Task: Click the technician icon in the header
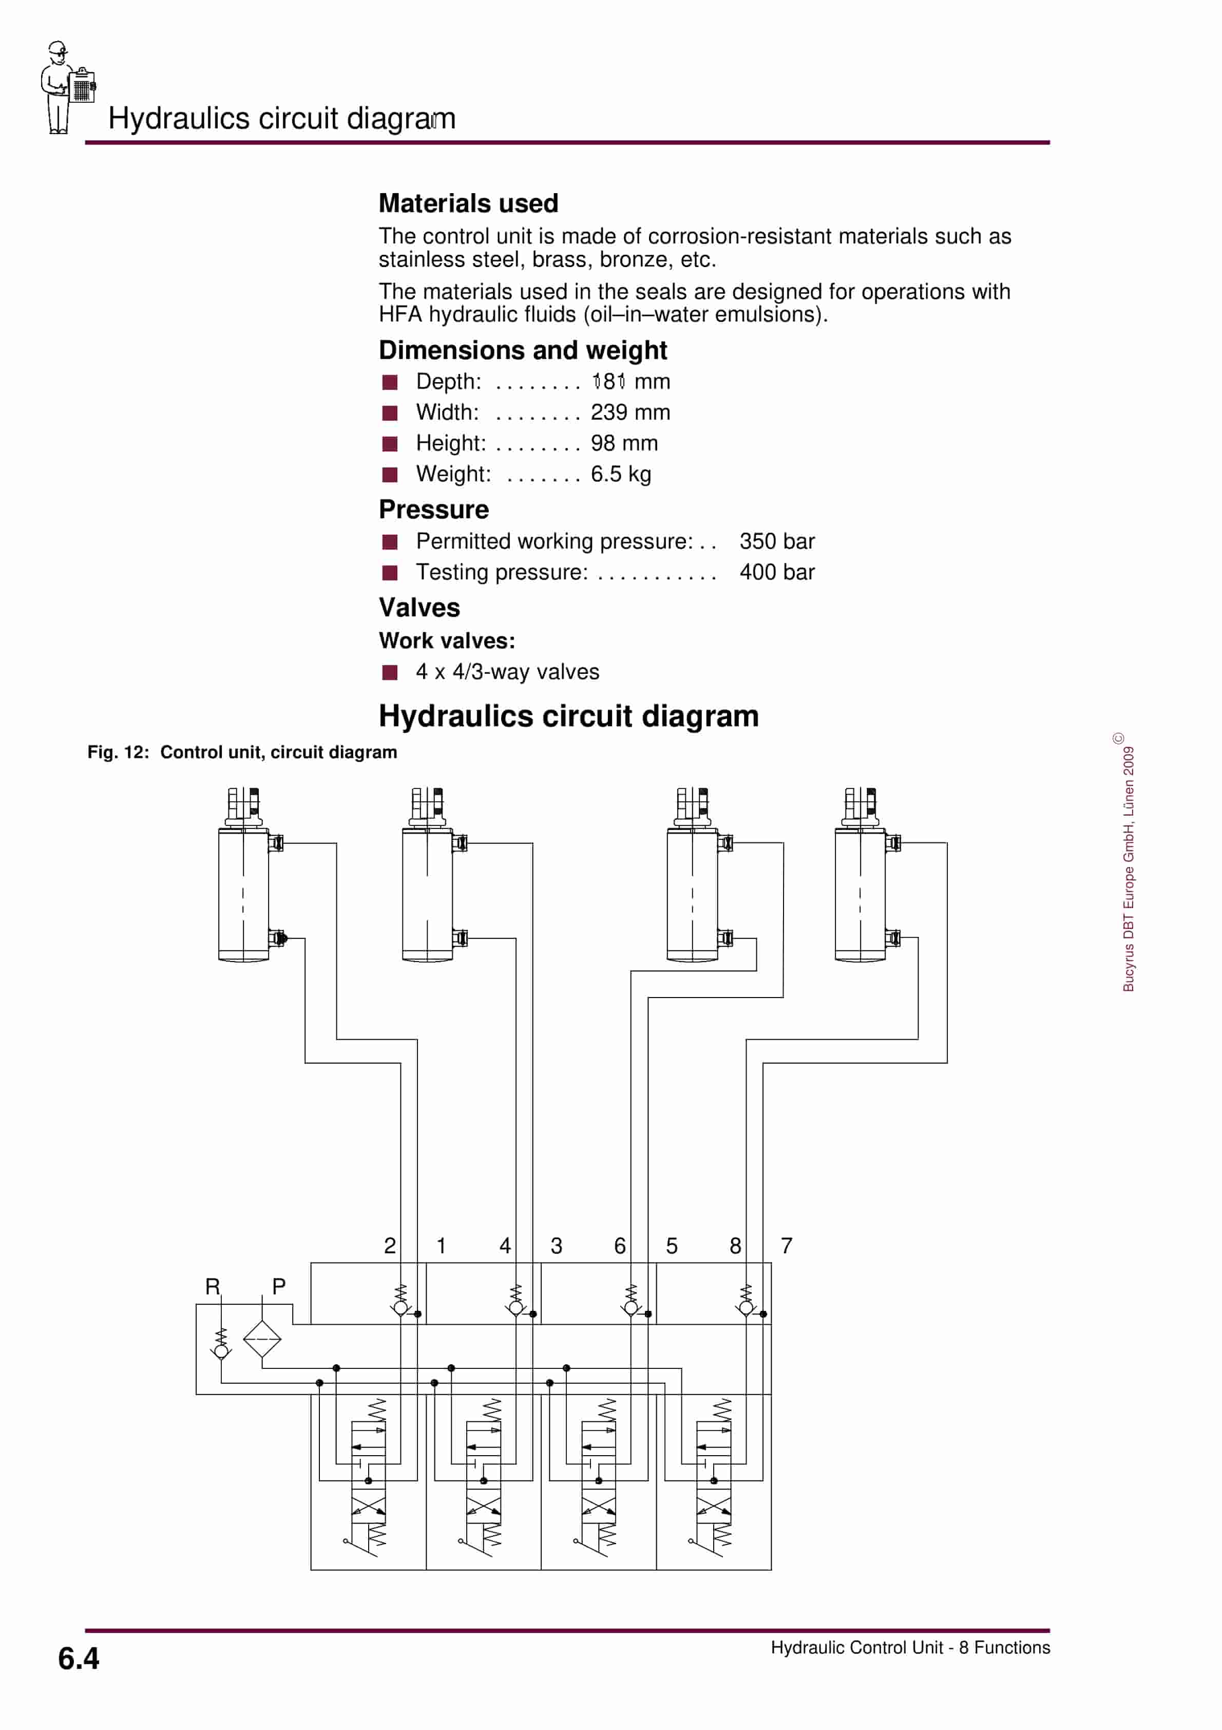tap(66, 88)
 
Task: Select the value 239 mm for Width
tap(630, 412)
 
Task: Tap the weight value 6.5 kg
tap(621, 474)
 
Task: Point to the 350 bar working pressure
tap(777, 541)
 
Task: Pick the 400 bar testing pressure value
tap(777, 572)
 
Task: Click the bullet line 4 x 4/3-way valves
tap(507, 671)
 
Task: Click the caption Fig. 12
tap(118, 752)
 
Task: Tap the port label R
tap(213, 1286)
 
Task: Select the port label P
tap(279, 1286)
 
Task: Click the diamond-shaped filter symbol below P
tap(262, 1339)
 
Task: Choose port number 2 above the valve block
tap(390, 1246)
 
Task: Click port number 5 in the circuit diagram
tap(671, 1246)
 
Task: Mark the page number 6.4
tap(79, 1659)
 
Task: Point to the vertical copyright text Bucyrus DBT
tap(1128, 867)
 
